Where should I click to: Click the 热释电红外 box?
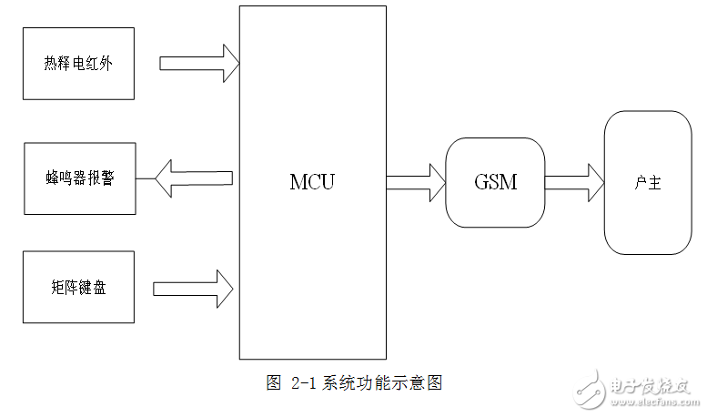78,63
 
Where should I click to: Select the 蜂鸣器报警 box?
79,178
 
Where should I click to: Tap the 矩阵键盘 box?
78,288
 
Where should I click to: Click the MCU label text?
312,182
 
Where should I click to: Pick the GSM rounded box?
494,182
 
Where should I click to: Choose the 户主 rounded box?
647,182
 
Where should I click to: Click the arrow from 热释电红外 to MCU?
199,64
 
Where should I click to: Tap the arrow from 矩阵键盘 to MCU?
193,289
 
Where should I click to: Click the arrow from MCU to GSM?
415,182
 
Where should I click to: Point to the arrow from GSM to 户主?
573,182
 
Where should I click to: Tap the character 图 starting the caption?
273,383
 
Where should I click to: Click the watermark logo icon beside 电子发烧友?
591,390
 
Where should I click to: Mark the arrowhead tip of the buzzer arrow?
157,176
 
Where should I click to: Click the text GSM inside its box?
494,182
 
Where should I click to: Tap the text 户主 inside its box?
647,182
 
